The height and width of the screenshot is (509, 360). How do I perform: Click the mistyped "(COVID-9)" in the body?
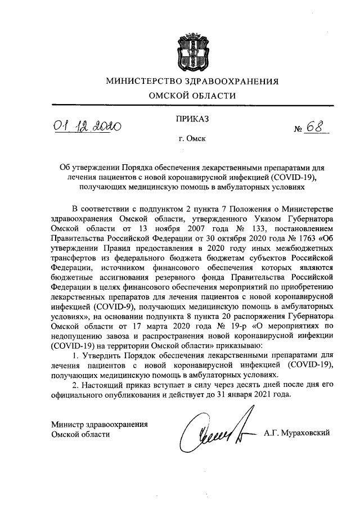point(111,306)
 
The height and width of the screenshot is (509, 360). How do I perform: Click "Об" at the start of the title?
point(65,168)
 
